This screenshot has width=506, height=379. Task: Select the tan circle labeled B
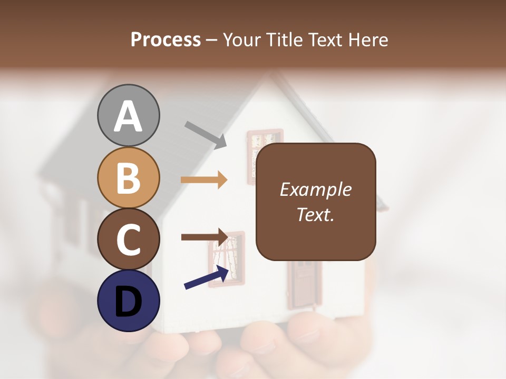(x=128, y=177)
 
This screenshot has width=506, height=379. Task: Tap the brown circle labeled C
(x=128, y=239)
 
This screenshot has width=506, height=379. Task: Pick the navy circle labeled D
(x=128, y=301)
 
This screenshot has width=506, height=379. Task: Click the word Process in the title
(x=166, y=39)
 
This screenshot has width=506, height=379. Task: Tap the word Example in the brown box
(x=315, y=190)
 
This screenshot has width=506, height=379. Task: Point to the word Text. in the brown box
(x=315, y=214)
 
